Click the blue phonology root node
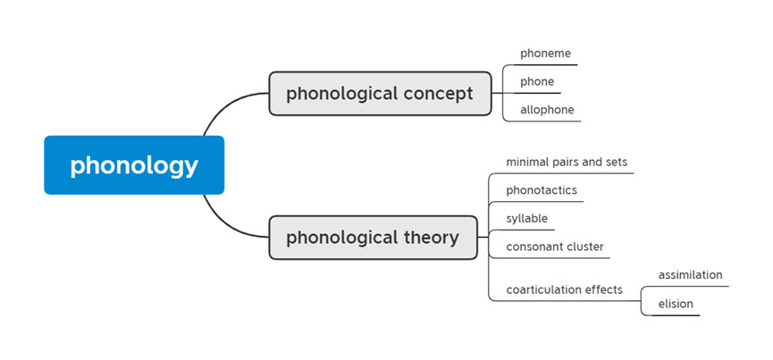coord(134,165)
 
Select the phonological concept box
coord(380,94)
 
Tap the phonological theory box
coord(373,238)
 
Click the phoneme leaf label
coord(545,54)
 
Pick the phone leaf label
coord(537,81)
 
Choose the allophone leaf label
coord(547,110)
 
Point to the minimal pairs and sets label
coord(567,163)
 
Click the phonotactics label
coord(542,190)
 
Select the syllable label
coord(526,218)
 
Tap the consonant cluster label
coord(554,247)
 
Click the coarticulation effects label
coord(564,289)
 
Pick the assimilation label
coord(690,275)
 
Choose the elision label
coord(676,304)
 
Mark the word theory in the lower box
coord(428,238)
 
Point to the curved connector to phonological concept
coord(223,112)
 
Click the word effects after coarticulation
coord(602,289)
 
